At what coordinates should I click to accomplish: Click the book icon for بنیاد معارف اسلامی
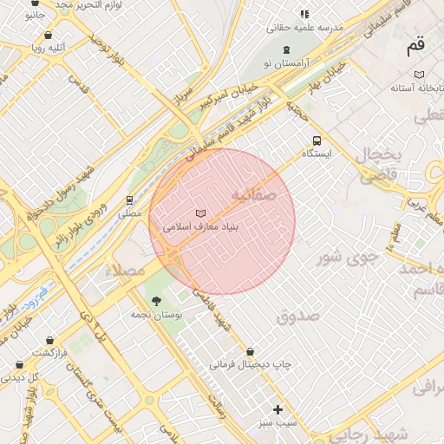[201, 213]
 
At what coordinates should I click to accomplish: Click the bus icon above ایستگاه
[317, 140]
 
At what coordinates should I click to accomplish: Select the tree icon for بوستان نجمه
[157, 301]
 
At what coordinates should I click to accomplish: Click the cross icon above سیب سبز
[277, 409]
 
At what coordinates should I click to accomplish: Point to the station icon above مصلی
[130, 200]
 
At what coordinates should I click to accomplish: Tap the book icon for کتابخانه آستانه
[420, 75]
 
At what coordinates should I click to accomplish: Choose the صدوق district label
[298, 316]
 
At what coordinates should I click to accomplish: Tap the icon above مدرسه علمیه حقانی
[304, 14]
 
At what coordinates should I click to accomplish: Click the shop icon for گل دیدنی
[19, 364]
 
